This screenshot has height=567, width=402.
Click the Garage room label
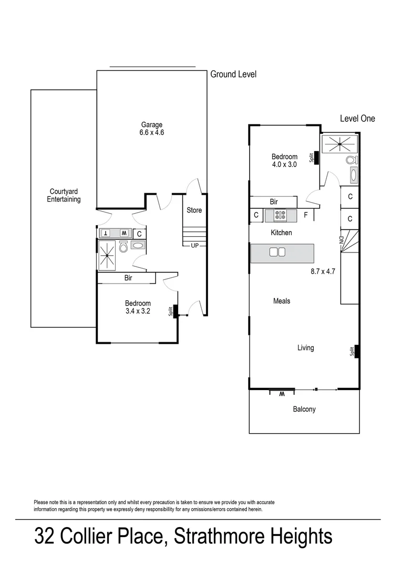[x=151, y=124]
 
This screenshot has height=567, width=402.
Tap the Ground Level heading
[x=233, y=75]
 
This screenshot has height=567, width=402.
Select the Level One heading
[x=357, y=119]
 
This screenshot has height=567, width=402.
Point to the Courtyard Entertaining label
[x=65, y=195]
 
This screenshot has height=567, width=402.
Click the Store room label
[x=194, y=210]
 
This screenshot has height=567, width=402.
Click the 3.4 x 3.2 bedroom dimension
[x=138, y=311]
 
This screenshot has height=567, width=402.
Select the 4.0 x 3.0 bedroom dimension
[x=284, y=164]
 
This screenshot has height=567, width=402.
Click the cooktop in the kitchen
[x=279, y=215]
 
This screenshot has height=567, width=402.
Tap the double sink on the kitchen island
[x=277, y=253]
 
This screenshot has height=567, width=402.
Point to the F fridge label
[x=305, y=215]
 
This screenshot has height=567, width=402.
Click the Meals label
[x=282, y=301]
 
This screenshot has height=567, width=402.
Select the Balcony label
[x=304, y=409]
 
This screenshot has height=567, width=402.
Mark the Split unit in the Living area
[x=356, y=351]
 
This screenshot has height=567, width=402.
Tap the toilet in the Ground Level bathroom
[x=123, y=247]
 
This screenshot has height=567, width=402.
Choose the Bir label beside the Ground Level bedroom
[x=128, y=278]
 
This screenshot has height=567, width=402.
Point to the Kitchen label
[x=281, y=233]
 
